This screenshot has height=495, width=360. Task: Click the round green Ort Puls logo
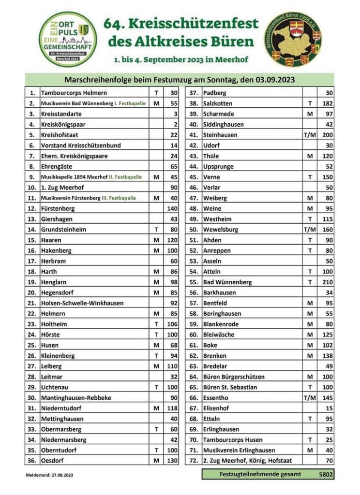point(68,39)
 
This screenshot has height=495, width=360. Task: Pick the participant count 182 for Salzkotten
point(325,103)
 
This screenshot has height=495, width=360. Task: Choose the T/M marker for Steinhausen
point(310,135)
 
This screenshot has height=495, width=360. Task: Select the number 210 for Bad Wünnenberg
point(325,282)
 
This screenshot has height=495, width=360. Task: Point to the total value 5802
point(326,475)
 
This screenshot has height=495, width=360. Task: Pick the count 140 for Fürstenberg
point(172,208)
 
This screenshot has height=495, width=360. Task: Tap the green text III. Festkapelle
point(120,198)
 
